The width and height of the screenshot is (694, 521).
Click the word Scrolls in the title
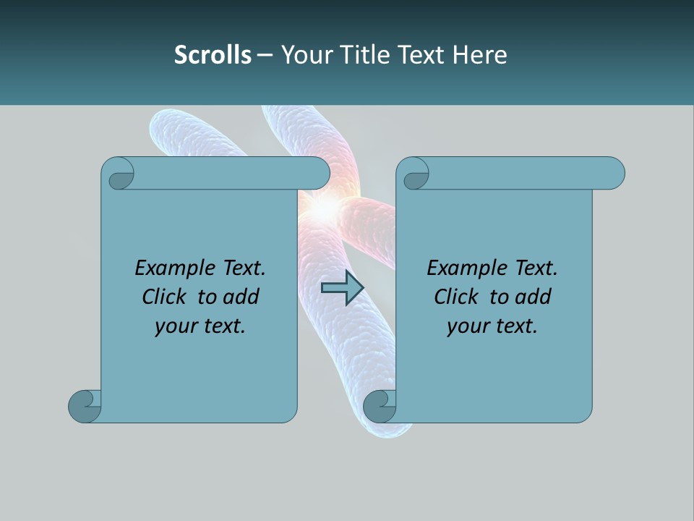[x=213, y=55]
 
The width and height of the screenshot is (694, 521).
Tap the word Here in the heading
[x=480, y=55]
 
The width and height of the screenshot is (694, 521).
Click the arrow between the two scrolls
[x=342, y=288]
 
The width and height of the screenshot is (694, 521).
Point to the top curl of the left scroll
[x=119, y=174]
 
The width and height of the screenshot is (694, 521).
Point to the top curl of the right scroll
[x=414, y=174]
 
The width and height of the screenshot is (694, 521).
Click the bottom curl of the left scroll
[x=85, y=405]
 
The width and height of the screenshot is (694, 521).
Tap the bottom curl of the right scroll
[x=380, y=405]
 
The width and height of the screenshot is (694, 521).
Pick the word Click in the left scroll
[x=166, y=297]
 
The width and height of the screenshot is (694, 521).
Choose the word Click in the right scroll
[x=458, y=297]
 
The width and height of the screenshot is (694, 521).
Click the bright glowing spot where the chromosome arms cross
[x=325, y=208]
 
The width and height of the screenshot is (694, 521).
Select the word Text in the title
[x=421, y=55]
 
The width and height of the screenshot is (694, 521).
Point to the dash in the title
[x=265, y=55]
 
